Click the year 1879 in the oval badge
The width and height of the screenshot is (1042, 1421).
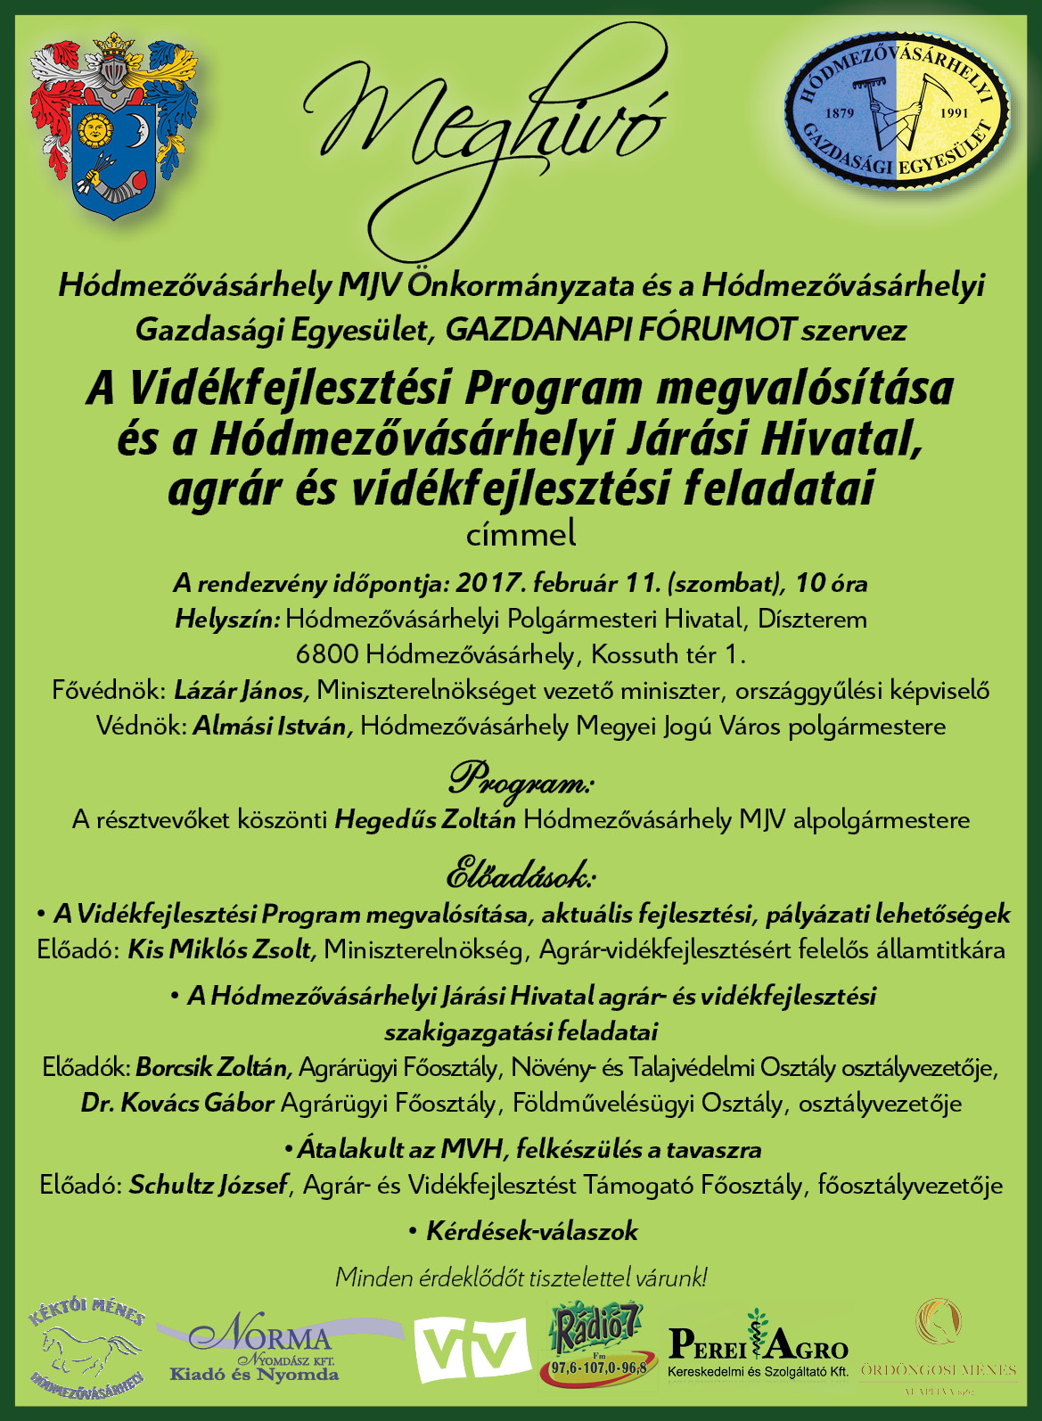(x=841, y=113)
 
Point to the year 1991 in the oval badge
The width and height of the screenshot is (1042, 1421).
(x=953, y=114)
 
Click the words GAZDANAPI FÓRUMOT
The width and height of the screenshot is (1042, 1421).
(x=619, y=331)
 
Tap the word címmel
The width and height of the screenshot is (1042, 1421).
(x=521, y=535)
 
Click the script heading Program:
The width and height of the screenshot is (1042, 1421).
(x=521, y=779)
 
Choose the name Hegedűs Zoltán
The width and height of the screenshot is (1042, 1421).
(x=425, y=820)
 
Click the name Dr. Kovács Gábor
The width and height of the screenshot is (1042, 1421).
(x=177, y=1104)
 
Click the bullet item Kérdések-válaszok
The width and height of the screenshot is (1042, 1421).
(x=531, y=1232)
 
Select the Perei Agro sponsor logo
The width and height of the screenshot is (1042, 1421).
(x=759, y=1344)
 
